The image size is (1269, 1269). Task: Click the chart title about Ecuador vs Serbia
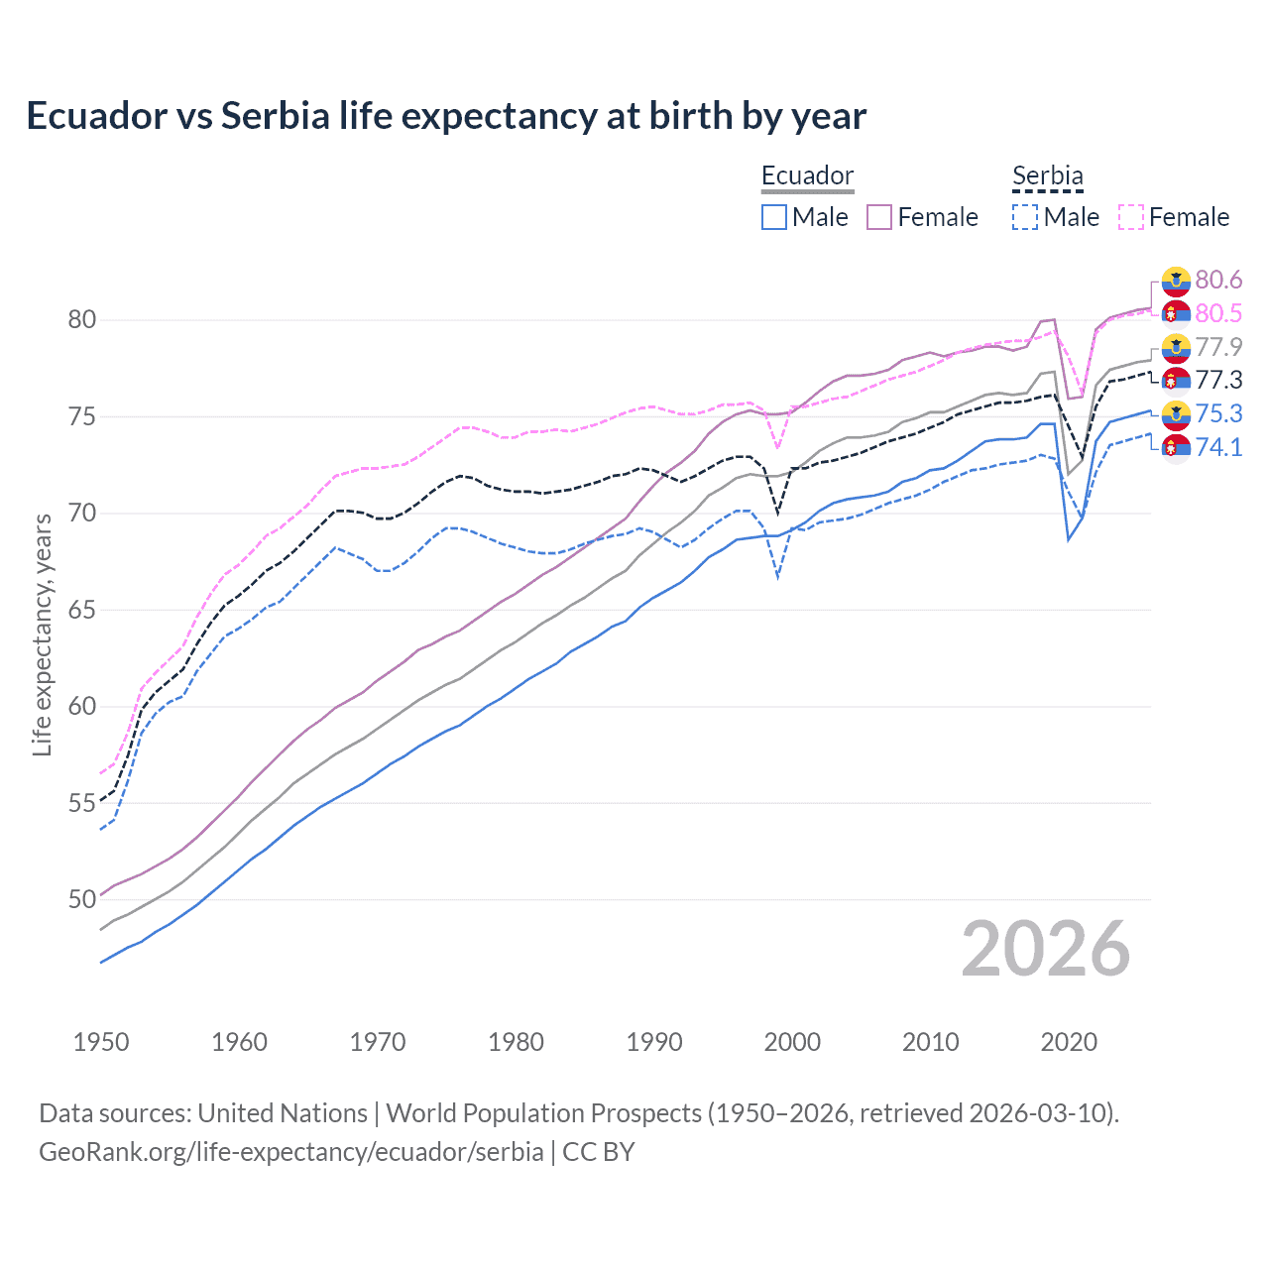(446, 116)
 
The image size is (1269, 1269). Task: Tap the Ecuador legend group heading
(807, 175)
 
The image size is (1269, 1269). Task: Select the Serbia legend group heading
(1047, 175)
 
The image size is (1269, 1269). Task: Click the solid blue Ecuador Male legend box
(774, 217)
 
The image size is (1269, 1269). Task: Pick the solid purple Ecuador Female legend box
(879, 217)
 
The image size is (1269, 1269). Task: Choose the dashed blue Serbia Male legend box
(1025, 217)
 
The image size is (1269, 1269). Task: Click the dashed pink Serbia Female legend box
(1131, 217)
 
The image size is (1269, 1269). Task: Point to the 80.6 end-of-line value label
(1218, 281)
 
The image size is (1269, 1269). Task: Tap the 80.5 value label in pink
(1218, 314)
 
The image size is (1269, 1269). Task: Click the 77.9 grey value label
(1218, 347)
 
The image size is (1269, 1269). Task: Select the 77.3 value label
(1218, 381)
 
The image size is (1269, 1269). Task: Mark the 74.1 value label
(1218, 447)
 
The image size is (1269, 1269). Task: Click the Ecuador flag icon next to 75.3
(1176, 414)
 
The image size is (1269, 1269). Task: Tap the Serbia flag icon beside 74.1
(1176, 448)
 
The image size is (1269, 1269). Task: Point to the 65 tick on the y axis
(82, 610)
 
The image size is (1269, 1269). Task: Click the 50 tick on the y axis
(82, 900)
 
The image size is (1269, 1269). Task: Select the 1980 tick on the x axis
(516, 1042)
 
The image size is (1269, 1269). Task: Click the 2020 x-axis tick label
(1069, 1042)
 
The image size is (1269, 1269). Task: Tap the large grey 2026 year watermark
(1045, 950)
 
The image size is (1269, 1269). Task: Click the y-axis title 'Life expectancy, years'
(43, 634)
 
